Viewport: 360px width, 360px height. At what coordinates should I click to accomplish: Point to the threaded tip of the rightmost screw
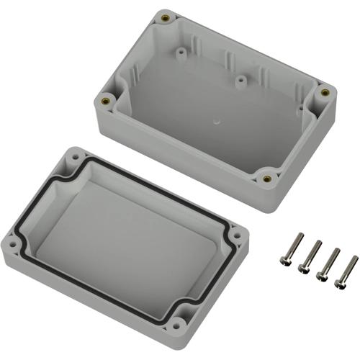click(x=354, y=257)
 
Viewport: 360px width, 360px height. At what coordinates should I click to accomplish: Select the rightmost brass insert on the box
click(x=324, y=92)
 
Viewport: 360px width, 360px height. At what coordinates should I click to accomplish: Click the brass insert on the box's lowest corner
click(x=268, y=178)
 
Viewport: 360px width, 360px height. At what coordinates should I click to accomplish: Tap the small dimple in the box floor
click(x=215, y=123)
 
